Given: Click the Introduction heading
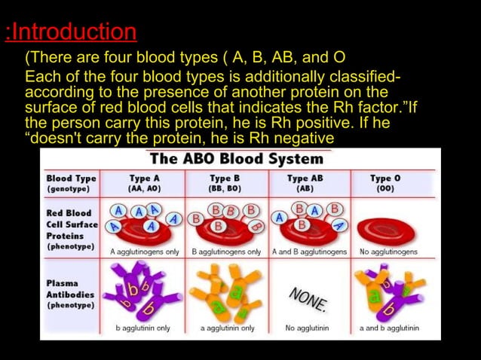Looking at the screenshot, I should click(x=71, y=32).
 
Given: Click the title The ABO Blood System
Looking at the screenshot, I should click(x=236, y=159).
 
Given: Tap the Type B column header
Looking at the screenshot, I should click(x=225, y=183).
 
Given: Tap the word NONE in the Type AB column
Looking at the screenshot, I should click(x=308, y=298).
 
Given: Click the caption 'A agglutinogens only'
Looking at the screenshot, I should click(x=144, y=252).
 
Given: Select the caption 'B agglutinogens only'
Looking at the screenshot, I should click(x=226, y=252).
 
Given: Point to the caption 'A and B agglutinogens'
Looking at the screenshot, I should click(x=309, y=252).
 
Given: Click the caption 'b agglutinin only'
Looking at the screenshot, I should click(x=142, y=328).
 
